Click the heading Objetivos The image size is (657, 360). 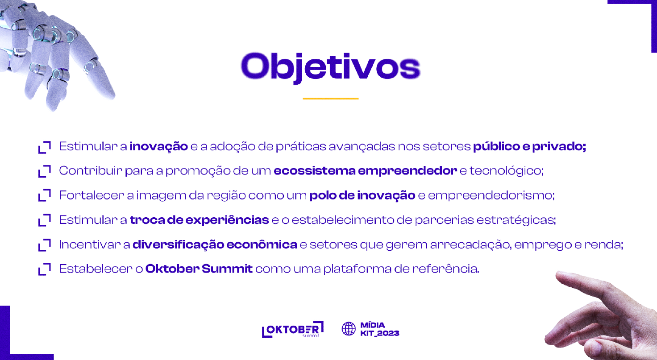pyautogui.click(x=331, y=68)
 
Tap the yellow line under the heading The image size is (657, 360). pyautogui.click(x=331, y=99)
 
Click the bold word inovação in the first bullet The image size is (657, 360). pyautogui.click(x=159, y=146)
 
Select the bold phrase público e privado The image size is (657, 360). pyautogui.click(x=529, y=146)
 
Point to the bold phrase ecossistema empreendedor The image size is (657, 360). pyautogui.click(x=365, y=171)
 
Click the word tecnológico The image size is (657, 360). pyautogui.click(x=507, y=171)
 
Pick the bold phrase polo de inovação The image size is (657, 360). pyautogui.click(x=362, y=195)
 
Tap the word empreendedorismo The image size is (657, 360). pyautogui.click(x=491, y=195)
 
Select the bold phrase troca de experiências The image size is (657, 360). pyautogui.click(x=199, y=220)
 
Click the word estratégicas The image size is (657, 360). pyautogui.click(x=516, y=220)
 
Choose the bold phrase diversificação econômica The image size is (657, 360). pyautogui.click(x=215, y=244)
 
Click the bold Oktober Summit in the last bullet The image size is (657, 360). pyautogui.click(x=199, y=269)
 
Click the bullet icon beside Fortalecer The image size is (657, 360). pyautogui.click(x=45, y=195)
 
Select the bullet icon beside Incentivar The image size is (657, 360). pyautogui.click(x=45, y=245)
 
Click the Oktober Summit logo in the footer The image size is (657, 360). pyautogui.click(x=293, y=330)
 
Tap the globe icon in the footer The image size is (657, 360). pyautogui.click(x=349, y=329)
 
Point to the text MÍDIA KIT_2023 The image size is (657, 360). pyautogui.click(x=380, y=329)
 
